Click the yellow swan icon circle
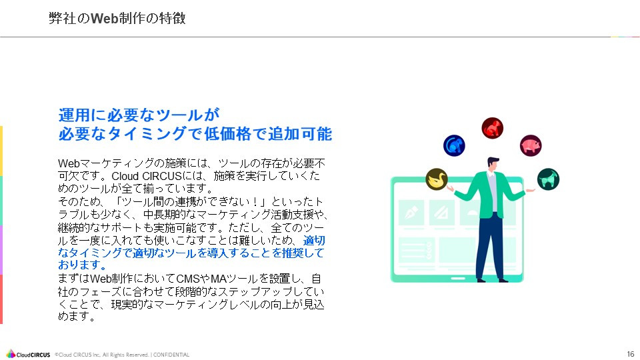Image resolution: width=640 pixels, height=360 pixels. click(x=437, y=179)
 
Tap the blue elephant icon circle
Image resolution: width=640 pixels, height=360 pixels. click(x=454, y=145)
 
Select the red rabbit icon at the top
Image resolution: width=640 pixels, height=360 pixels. click(x=493, y=127)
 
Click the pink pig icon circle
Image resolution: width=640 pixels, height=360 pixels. click(x=531, y=145)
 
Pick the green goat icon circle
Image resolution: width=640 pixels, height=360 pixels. click(x=548, y=179)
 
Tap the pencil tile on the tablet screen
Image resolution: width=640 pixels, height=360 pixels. click(x=411, y=213)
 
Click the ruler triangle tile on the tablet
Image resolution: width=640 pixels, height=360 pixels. click(x=441, y=213)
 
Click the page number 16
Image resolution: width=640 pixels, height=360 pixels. click(x=630, y=353)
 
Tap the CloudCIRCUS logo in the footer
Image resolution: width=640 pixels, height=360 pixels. click(x=28, y=354)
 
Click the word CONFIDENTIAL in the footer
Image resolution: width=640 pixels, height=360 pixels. click(x=172, y=355)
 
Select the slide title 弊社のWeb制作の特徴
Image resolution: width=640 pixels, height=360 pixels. click(x=117, y=19)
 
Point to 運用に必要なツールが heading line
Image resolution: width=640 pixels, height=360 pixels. click(x=139, y=114)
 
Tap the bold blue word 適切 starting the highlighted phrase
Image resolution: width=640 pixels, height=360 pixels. click(x=314, y=240)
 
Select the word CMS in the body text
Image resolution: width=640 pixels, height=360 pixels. click(x=199, y=278)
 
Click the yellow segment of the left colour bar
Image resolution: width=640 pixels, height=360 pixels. click(x=1, y=151)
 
